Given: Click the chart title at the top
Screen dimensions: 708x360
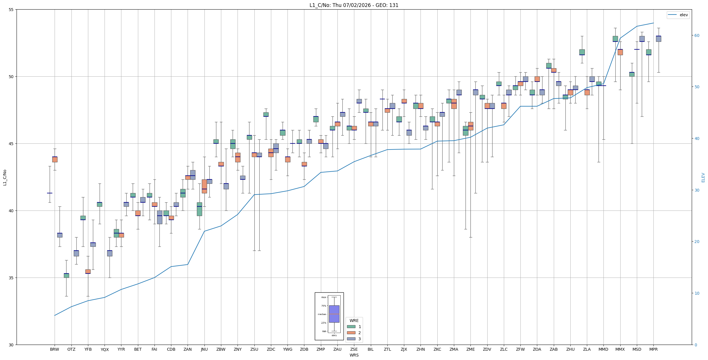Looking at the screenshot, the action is (x=354, y=5).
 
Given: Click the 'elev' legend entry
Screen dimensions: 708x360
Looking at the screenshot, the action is (x=678, y=15).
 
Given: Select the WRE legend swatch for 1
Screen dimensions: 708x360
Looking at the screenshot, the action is (x=351, y=327).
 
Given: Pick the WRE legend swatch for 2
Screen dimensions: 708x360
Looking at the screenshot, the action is (x=351, y=333).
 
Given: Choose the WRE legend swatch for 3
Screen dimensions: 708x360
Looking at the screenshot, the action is (x=351, y=339).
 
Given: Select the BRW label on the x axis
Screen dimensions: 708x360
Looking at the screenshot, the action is (x=55, y=349).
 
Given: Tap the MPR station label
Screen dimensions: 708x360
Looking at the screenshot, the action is (x=653, y=349).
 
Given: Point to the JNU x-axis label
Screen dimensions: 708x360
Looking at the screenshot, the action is (x=204, y=349).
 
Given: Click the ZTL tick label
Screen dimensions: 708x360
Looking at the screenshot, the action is (x=387, y=349).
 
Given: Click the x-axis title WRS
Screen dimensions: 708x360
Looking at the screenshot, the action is (x=354, y=355).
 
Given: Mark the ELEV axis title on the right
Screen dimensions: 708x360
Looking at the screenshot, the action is (x=703, y=177).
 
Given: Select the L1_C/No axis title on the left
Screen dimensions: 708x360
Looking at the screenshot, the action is (x=5, y=177).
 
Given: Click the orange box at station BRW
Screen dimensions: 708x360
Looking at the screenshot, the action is (x=55, y=159).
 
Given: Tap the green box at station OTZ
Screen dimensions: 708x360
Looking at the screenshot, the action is (x=66, y=276).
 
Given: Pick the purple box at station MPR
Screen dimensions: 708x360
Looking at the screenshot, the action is (x=658, y=39).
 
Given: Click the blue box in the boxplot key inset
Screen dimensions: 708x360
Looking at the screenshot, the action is (x=334, y=314).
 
